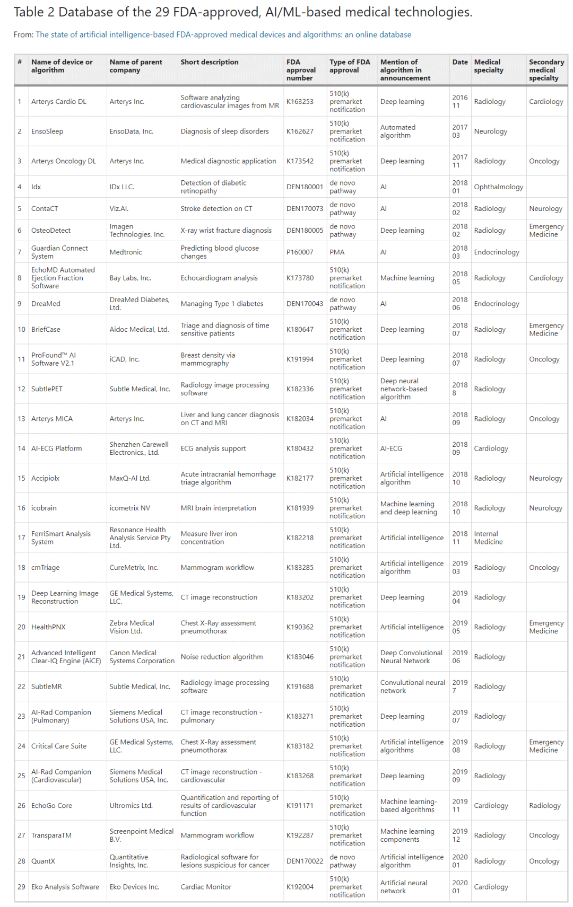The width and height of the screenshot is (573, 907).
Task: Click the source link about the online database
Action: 223,34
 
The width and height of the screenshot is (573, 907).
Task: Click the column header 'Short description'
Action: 209,62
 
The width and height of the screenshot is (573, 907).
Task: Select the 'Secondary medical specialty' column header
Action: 546,70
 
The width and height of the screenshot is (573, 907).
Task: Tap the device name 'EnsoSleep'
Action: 47,131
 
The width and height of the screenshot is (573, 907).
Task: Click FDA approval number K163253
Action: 300,102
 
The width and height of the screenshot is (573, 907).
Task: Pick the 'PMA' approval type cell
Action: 337,252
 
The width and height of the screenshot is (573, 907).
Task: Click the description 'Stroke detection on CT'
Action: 216,209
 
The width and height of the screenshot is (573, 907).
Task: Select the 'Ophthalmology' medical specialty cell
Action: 498,187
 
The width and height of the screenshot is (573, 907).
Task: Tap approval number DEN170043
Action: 305,304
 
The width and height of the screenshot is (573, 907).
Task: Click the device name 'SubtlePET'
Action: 47,389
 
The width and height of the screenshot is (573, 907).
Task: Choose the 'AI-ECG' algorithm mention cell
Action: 391,448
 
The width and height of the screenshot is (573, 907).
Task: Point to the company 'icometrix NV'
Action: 129,508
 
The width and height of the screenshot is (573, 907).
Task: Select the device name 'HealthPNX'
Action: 48,627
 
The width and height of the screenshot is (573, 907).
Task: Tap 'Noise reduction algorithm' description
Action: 222,657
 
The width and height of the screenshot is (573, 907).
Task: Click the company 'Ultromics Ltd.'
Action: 131,806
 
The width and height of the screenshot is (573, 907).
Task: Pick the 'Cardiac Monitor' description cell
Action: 206,887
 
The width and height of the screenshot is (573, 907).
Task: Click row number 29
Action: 21,887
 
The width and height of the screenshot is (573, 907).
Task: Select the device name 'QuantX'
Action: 43,861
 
